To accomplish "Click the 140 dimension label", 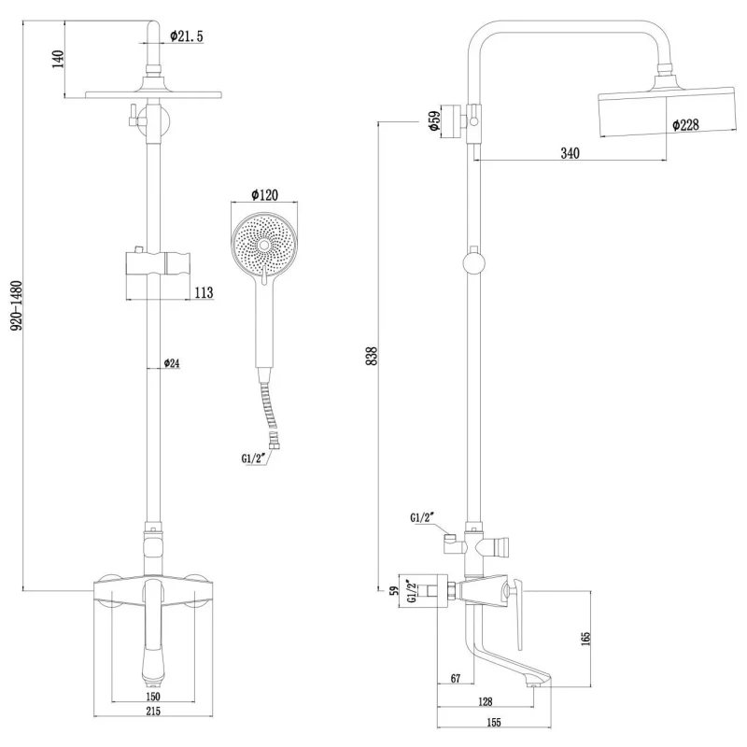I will click(58, 59).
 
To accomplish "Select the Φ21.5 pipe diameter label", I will click(187, 35).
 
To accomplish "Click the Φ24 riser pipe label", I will click(172, 363).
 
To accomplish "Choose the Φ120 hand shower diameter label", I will click(265, 195).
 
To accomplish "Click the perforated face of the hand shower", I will click(265, 243).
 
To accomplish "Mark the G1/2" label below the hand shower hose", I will click(255, 458).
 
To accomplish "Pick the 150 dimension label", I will click(153, 696).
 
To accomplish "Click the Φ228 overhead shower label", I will click(686, 124).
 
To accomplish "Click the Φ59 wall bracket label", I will click(434, 122).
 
